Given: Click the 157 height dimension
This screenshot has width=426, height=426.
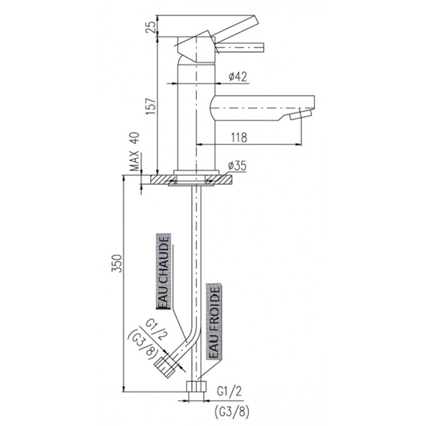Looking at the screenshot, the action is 151,105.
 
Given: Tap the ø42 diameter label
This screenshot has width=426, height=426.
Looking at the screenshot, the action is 238,77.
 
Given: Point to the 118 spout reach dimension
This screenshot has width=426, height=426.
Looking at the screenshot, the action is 239,137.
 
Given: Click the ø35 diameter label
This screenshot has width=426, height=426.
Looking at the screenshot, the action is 237,166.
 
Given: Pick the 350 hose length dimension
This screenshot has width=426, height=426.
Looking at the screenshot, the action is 117,263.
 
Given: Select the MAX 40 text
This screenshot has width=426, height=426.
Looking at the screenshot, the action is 135,152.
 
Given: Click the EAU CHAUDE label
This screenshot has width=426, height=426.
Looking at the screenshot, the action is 163,271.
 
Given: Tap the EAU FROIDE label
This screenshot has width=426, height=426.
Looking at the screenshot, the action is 214,322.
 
